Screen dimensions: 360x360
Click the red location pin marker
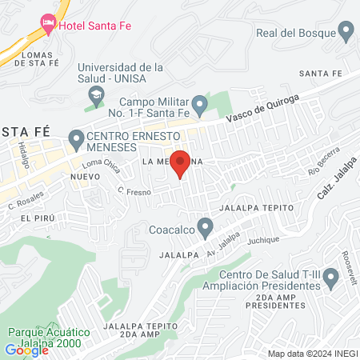[181, 162]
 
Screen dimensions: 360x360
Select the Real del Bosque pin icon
[346, 33]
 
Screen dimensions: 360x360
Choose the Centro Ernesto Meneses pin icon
[77, 140]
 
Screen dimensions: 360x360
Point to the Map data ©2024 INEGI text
[311, 354]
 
